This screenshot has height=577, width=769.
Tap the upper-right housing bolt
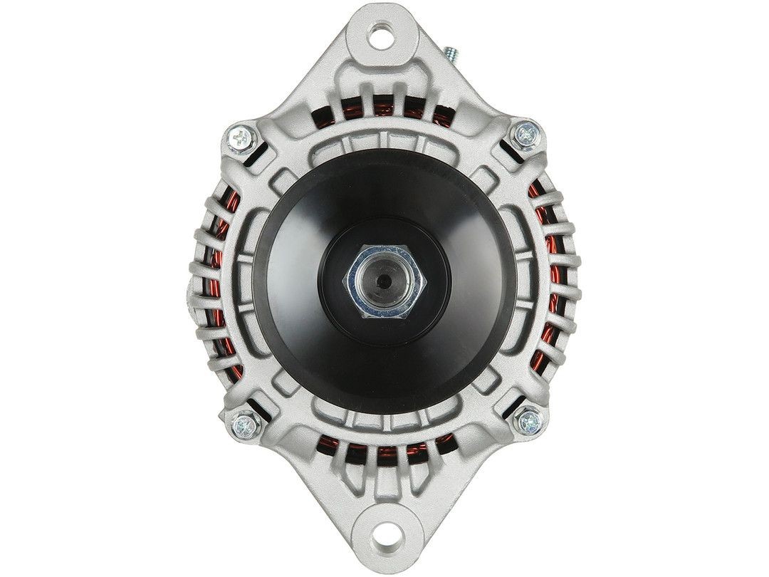point(526,133)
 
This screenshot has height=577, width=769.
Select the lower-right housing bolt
point(530,422)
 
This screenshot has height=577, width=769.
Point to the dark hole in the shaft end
point(384,279)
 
